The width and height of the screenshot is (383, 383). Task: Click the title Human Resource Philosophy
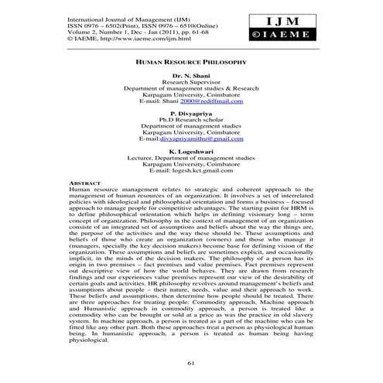tap(190, 60)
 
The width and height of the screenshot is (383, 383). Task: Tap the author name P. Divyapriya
tap(190, 114)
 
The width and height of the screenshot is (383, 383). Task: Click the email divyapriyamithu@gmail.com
tap(191, 138)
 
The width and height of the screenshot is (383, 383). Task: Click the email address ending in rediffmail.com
tap(216, 101)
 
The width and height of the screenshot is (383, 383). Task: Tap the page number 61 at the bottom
tap(190, 362)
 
